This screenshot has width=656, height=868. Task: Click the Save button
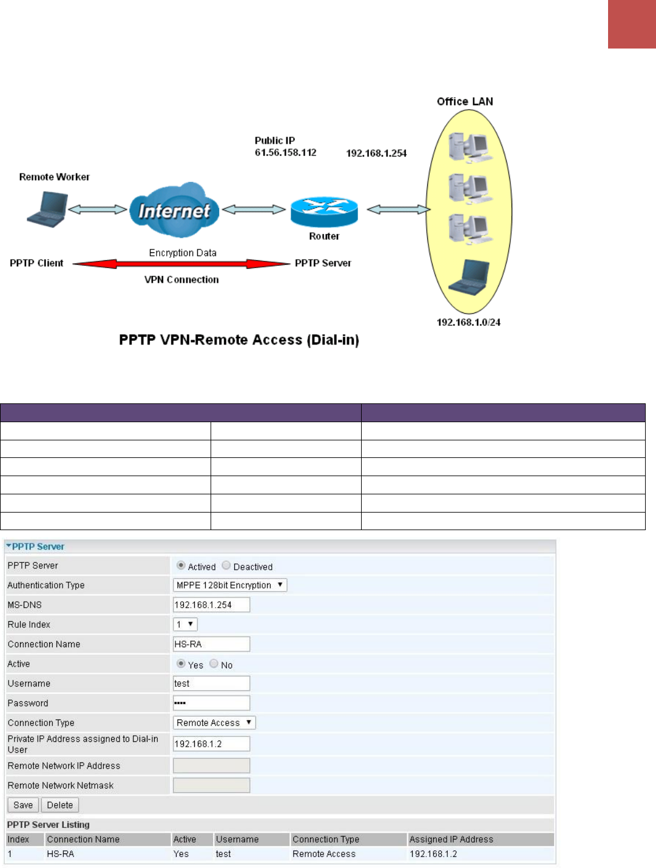pyautogui.click(x=23, y=805)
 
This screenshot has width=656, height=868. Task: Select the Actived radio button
pyautogui.click(x=181, y=565)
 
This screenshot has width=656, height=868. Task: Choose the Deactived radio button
pyautogui.click(x=226, y=565)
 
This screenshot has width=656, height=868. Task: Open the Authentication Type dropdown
pyautogui.click(x=230, y=585)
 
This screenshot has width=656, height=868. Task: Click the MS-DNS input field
pyautogui.click(x=211, y=605)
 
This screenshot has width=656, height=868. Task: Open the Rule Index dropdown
pyautogui.click(x=185, y=624)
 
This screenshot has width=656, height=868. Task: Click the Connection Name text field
pyautogui.click(x=211, y=644)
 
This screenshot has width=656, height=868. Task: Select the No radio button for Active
pyautogui.click(x=214, y=664)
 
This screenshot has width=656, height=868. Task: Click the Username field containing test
pyautogui.click(x=211, y=684)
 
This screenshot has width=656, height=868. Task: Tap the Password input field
pyautogui.click(x=211, y=703)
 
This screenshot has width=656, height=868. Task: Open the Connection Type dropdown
pyautogui.click(x=214, y=723)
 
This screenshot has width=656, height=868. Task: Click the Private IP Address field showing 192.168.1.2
pyautogui.click(x=211, y=744)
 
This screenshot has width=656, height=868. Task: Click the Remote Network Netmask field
pyautogui.click(x=211, y=786)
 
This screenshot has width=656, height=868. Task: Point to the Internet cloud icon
pyautogui.click(x=174, y=210)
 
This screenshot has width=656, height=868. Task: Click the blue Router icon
pyautogui.click(x=324, y=211)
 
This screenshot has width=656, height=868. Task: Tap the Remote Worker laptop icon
pyautogui.click(x=48, y=209)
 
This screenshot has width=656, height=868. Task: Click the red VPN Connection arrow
pyautogui.click(x=181, y=264)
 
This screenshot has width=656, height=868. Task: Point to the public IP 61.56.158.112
pyautogui.click(x=285, y=153)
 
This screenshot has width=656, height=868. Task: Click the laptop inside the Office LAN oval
pyautogui.click(x=470, y=277)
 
